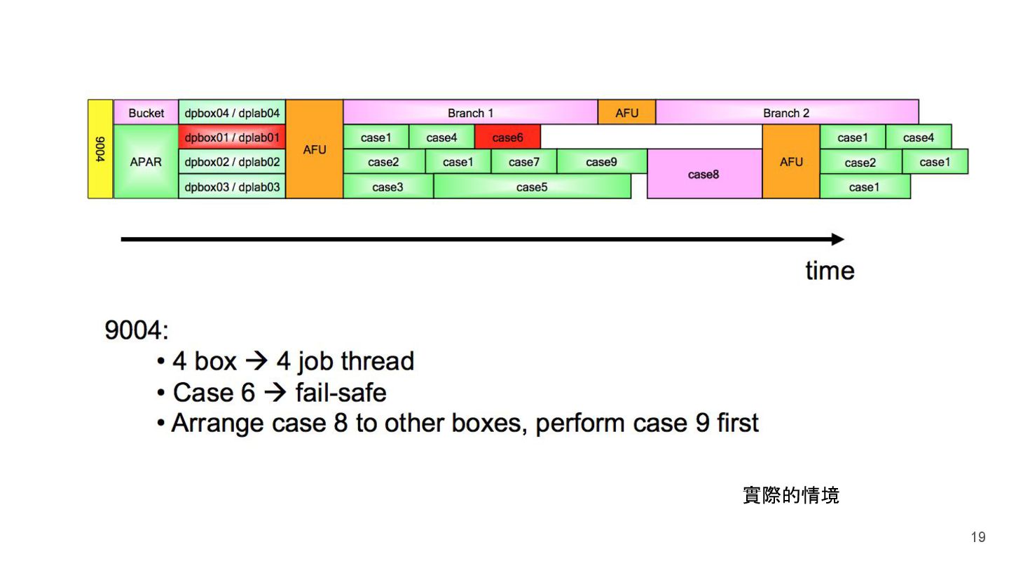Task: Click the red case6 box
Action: (507, 137)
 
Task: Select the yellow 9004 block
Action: (100, 149)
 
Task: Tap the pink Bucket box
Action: (146, 112)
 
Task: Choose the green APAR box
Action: (146, 162)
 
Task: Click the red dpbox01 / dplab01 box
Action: (232, 137)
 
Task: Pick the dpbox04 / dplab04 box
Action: (232, 112)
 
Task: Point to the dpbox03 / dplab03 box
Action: (232, 187)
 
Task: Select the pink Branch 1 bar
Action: (470, 112)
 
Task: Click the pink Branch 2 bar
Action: (786, 112)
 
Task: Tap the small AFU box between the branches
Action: (626, 112)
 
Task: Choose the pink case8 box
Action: (703, 175)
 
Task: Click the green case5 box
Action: (532, 187)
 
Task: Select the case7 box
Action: (524, 162)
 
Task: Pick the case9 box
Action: (601, 162)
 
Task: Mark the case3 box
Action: (387, 187)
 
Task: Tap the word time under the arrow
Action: (830, 270)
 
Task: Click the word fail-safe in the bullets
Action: (341, 392)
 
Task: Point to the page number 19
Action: (977, 537)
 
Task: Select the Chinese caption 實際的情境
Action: (790, 496)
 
